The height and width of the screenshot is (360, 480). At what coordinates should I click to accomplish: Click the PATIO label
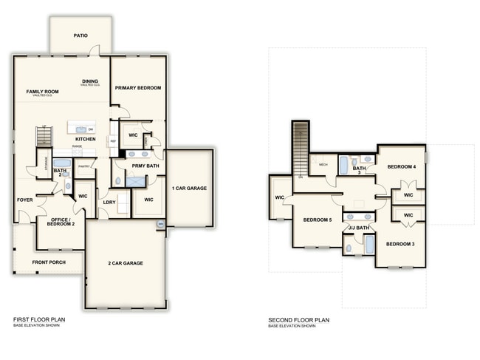coord(81,35)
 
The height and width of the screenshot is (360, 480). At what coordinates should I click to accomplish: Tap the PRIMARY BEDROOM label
coord(138,88)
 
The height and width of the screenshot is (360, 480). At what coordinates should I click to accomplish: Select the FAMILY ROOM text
coord(41,92)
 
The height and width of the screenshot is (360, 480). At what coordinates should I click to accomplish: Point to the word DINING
coord(90,81)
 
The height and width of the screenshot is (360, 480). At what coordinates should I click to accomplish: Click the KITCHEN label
coord(85,139)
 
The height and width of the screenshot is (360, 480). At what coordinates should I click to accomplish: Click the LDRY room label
coord(109,202)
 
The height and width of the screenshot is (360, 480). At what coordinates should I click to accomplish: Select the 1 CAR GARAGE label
coord(189,189)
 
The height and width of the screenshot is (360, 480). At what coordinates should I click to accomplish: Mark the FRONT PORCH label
coord(48,262)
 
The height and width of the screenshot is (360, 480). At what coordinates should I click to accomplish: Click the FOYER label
coord(25,200)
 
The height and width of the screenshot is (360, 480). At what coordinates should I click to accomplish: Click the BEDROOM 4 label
coord(402,166)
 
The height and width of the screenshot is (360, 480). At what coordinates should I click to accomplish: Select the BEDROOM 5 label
coord(318,220)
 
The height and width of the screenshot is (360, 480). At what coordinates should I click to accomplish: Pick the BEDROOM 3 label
coord(401,244)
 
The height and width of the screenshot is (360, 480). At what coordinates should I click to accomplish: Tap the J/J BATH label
coord(359,228)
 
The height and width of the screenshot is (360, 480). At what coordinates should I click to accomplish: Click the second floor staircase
coord(301,149)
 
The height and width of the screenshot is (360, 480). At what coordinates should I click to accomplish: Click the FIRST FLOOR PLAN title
coord(40,320)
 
